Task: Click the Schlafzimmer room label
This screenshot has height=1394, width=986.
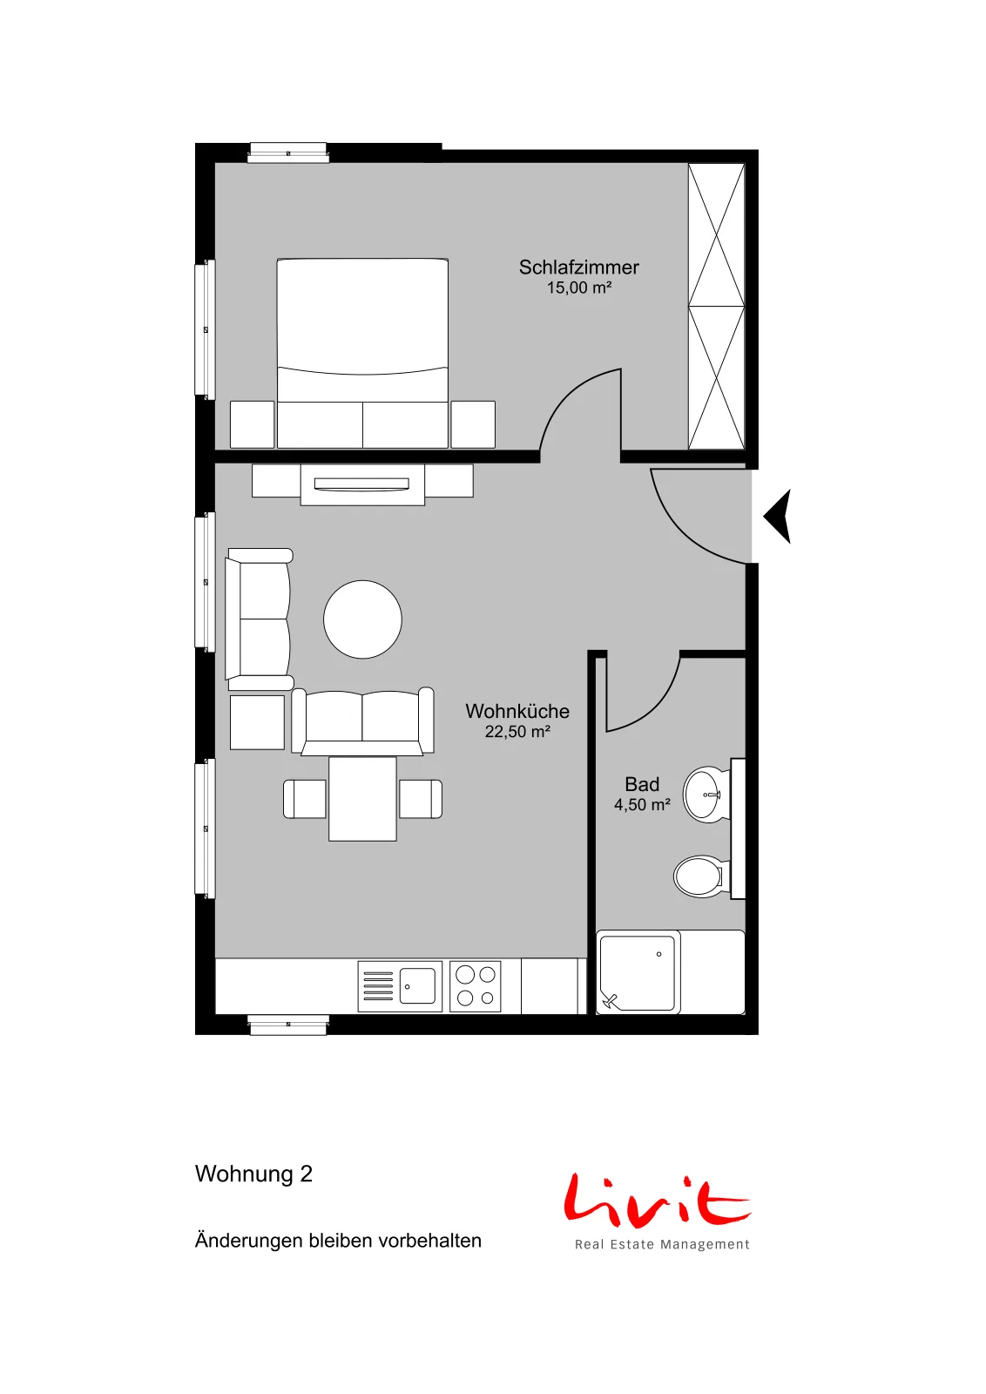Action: [x=578, y=267]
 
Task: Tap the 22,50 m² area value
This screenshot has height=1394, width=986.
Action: [x=517, y=731]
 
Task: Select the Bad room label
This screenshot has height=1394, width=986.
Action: [x=642, y=784]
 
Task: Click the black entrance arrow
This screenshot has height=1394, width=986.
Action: [x=778, y=516]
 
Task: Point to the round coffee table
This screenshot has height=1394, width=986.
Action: [x=362, y=619]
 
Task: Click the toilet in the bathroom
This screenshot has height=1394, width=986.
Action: [x=700, y=876]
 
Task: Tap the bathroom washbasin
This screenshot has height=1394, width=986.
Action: [x=706, y=795]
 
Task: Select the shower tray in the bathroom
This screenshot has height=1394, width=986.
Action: [x=638, y=972]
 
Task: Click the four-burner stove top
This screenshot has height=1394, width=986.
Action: [x=476, y=985]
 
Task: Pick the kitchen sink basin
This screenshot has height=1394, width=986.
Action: [x=417, y=985]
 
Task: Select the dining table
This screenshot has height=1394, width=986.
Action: [x=362, y=798]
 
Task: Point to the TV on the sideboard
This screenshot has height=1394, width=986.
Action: [x=361, y=484]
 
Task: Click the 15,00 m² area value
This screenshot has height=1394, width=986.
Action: [x=579, y=288]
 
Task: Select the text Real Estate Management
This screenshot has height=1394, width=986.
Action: [x=662, y=1245]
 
